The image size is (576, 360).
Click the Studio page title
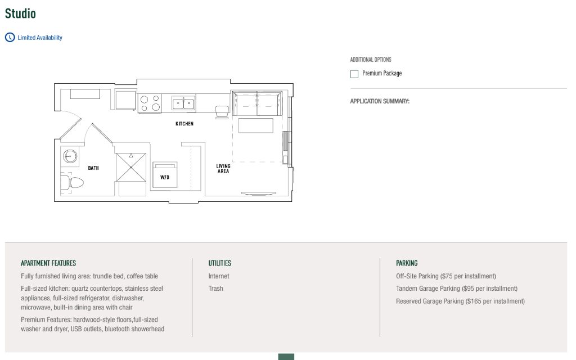click(20, 13)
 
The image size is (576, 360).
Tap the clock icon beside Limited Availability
click(10, 38)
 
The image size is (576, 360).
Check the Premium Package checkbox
click(354, 74)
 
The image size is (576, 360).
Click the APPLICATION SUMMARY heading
click(380, 101)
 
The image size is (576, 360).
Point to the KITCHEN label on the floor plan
click(184, 124)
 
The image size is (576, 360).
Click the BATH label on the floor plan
click(93, 168)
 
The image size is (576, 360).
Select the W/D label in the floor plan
click(165, 177)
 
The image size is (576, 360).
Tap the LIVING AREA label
click(223, 169)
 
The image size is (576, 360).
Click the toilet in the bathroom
click(73, 182)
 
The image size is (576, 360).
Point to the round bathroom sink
click(70, 156)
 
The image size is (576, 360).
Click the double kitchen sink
click(183, 103)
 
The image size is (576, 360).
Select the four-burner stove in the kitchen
click(150, 103)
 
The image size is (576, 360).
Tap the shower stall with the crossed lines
click(130, 167)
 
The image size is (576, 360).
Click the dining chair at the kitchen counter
click(222, 112)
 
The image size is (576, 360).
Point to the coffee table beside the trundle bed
click(256, 125)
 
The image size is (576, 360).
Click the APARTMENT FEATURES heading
click(48, 263)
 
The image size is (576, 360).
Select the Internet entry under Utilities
click(219, 276)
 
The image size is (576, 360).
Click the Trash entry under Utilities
click(215, 289)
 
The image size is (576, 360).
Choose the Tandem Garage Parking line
click(457, 289)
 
